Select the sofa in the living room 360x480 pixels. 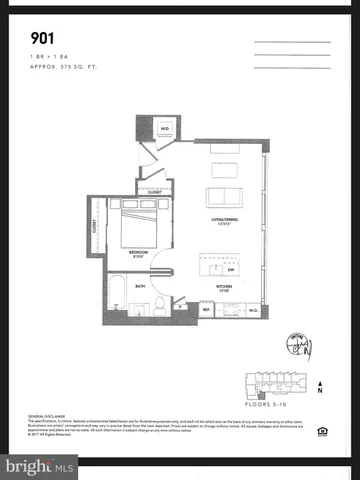(223, 196)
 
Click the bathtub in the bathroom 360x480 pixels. (114, 296)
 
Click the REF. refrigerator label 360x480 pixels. (206, 309)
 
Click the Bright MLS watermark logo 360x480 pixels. (39, 466)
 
